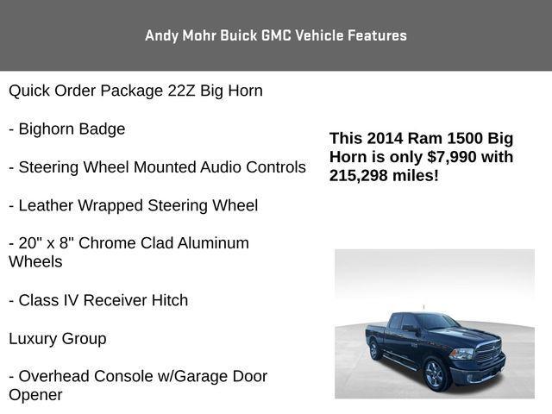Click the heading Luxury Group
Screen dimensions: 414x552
coord(58,338)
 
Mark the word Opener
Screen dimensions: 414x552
coord(35,395)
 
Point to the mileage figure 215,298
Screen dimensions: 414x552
coord(361,175)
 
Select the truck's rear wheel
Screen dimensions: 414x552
coord(376,350)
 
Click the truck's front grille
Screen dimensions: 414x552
coord(487,353)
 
